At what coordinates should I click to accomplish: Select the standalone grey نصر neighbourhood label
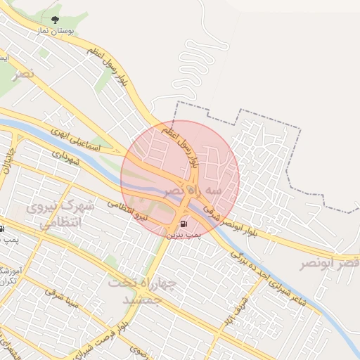[x=21, y=73]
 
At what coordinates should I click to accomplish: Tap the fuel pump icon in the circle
[x=184, y=224]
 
